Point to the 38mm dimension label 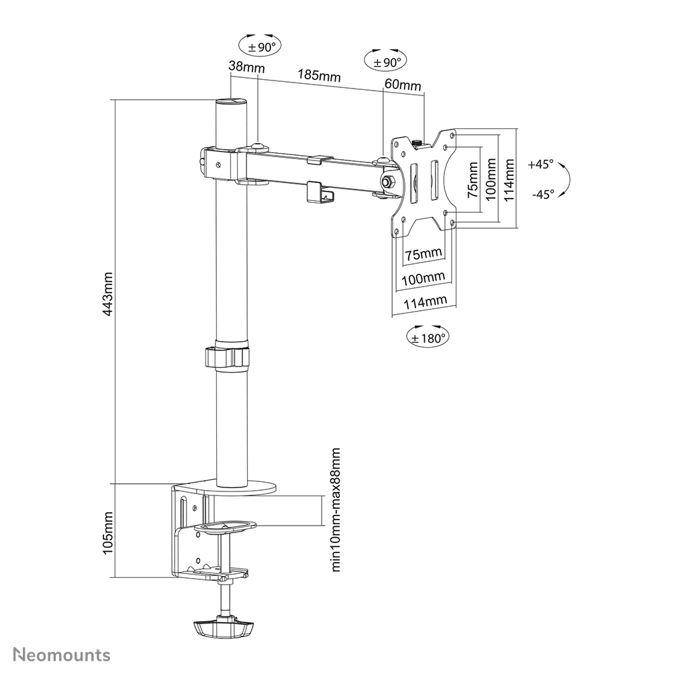(246, 67)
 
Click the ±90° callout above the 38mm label (260, 46)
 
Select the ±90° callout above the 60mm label (384, 62)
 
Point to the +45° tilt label (540, 164)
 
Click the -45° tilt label (542, 194)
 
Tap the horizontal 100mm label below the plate (423, 278)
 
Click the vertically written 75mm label (472, 179)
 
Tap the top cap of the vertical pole (230, 102)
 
